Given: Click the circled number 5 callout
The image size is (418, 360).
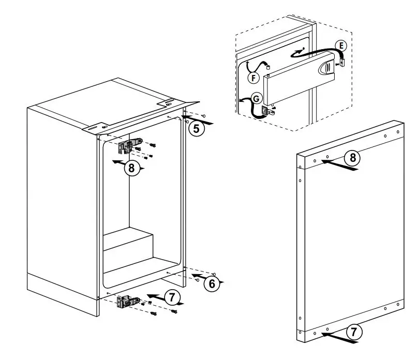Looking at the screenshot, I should click(x=196, y=128).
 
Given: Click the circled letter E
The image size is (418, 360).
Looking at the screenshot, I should click(x=340, y=46).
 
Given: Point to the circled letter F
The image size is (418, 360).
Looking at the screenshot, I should click(x=252, y=78).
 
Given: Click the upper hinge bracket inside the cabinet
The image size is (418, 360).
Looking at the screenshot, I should click(x=129, y=145).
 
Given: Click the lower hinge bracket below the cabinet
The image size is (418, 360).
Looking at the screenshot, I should click(x=128, y=302).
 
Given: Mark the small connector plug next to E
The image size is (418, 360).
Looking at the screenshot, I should click(x=342, y=63).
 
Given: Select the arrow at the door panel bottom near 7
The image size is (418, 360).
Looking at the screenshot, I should click(x=339, y=337).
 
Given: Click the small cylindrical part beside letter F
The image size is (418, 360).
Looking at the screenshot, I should click(x=268, y=66).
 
